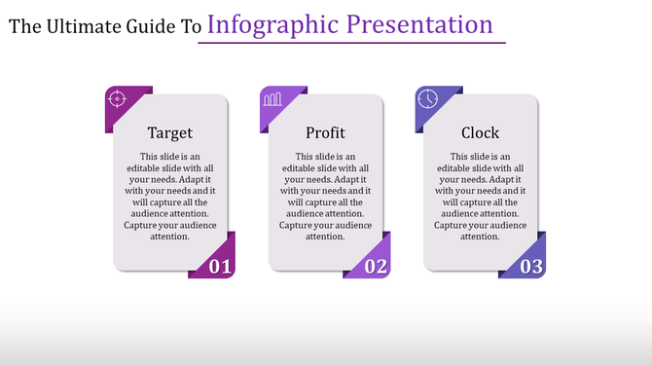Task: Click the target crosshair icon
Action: pyautogui.click(x=117, y=98)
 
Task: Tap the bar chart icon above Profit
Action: pyautogui.click(x=272, y=98)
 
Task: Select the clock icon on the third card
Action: pyautogui.click(x=427, y=98)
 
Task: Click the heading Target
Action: pyautogui.click(x=170, y=132)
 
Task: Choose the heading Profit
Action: pyautogui.click(x=325, y=132)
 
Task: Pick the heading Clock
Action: pyautogui.click(x=481, y=132)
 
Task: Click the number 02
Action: pyautogui.click(x=376, y=266)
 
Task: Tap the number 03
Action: pyautogui.click(x=530, y=266)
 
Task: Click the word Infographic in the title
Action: pyautogui.click(x=269, y=24)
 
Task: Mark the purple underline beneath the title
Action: pyautogui.click(x=351, y=43)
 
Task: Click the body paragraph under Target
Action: pyautogui.click(x=170, y=196)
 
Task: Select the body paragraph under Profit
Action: pyautogui.click(x=325, y=196)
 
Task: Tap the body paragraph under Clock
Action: pyautogui.click(x=481, y=196)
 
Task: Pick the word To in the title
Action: pyautogui.click(x=191, y=26)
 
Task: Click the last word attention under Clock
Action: pyautogui.click(x=481, y=237)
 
